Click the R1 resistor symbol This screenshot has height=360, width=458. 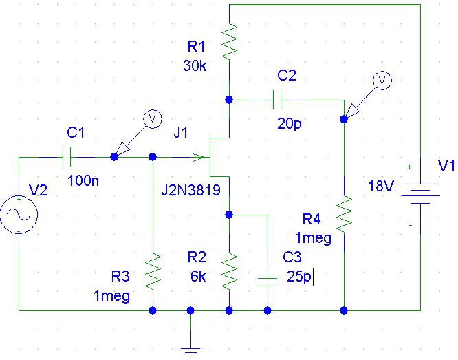tap(229, 43)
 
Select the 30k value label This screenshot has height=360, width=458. tap(195, 65)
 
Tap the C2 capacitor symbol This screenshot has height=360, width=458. tap(277, 100)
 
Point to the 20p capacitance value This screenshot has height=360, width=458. tap(289, 124)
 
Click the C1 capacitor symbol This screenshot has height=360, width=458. tap(67, 157)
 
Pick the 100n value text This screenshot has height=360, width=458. tap(83, 181)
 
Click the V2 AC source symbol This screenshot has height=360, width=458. tap(19, 215)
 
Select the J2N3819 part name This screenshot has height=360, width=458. tap(191, 190)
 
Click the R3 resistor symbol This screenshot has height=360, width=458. tap(153, 272)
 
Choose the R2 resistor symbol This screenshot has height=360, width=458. tap(229, 271)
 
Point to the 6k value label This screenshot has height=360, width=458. tap(198, 276)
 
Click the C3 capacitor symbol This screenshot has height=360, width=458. tap(268, 282)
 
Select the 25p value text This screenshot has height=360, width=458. tap(298, 276)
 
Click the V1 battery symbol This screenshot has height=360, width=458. tap(421, 193)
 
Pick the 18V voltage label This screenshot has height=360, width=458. tap(380, 186)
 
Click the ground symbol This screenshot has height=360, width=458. tap(190, 351)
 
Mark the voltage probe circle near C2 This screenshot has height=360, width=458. tap(382, 81)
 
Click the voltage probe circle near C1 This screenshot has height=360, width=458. tap(153, 118)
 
